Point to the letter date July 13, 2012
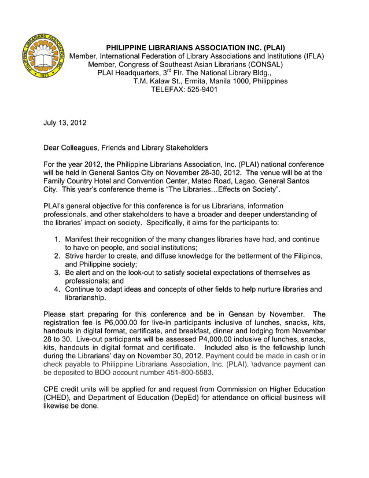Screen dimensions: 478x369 [65, 123]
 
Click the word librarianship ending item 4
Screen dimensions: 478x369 [85, 297]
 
